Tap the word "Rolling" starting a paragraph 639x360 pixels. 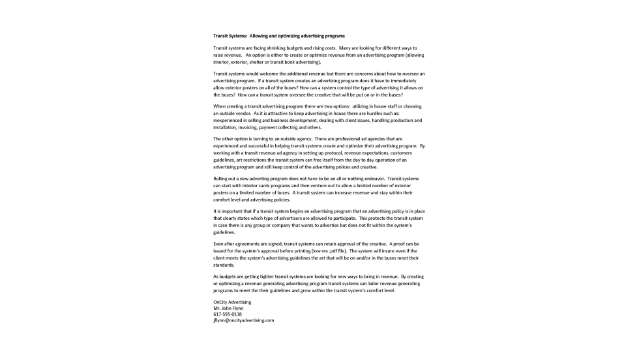(222, 178)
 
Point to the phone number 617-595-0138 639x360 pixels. (228, 314)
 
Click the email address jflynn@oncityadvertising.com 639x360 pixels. (243, 321)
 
